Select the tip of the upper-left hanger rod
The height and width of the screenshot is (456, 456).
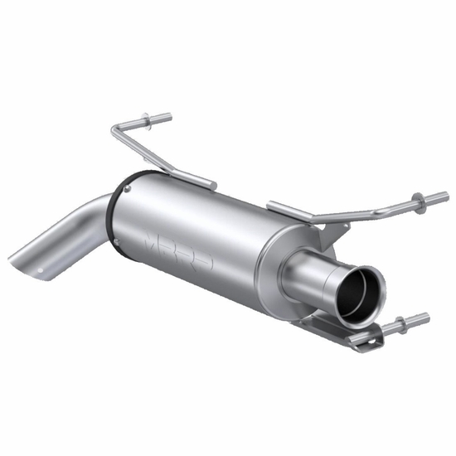coord(169,117)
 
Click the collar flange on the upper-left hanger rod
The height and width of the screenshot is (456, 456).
coord(148,122)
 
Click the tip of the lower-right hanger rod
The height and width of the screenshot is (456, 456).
coord(426,316)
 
